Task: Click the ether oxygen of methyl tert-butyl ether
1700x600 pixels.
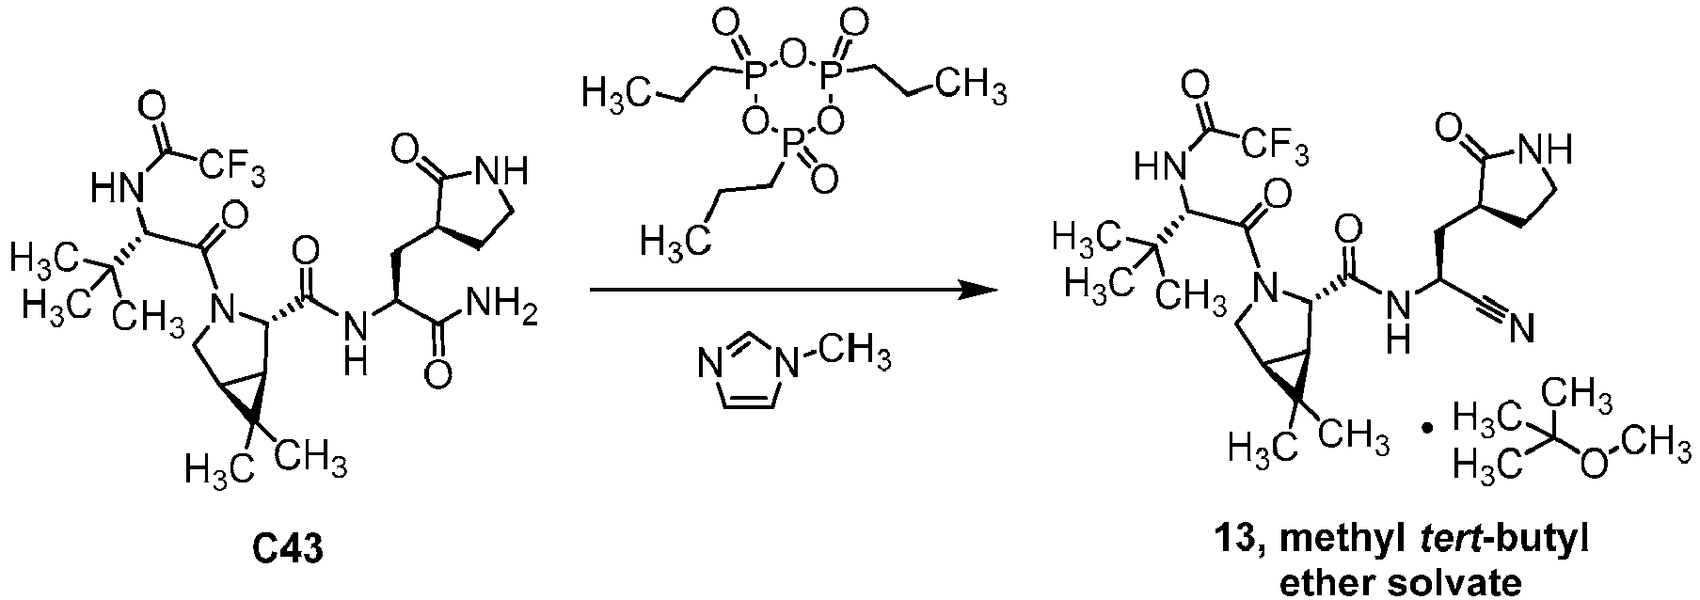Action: click(x=1593, y=465)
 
